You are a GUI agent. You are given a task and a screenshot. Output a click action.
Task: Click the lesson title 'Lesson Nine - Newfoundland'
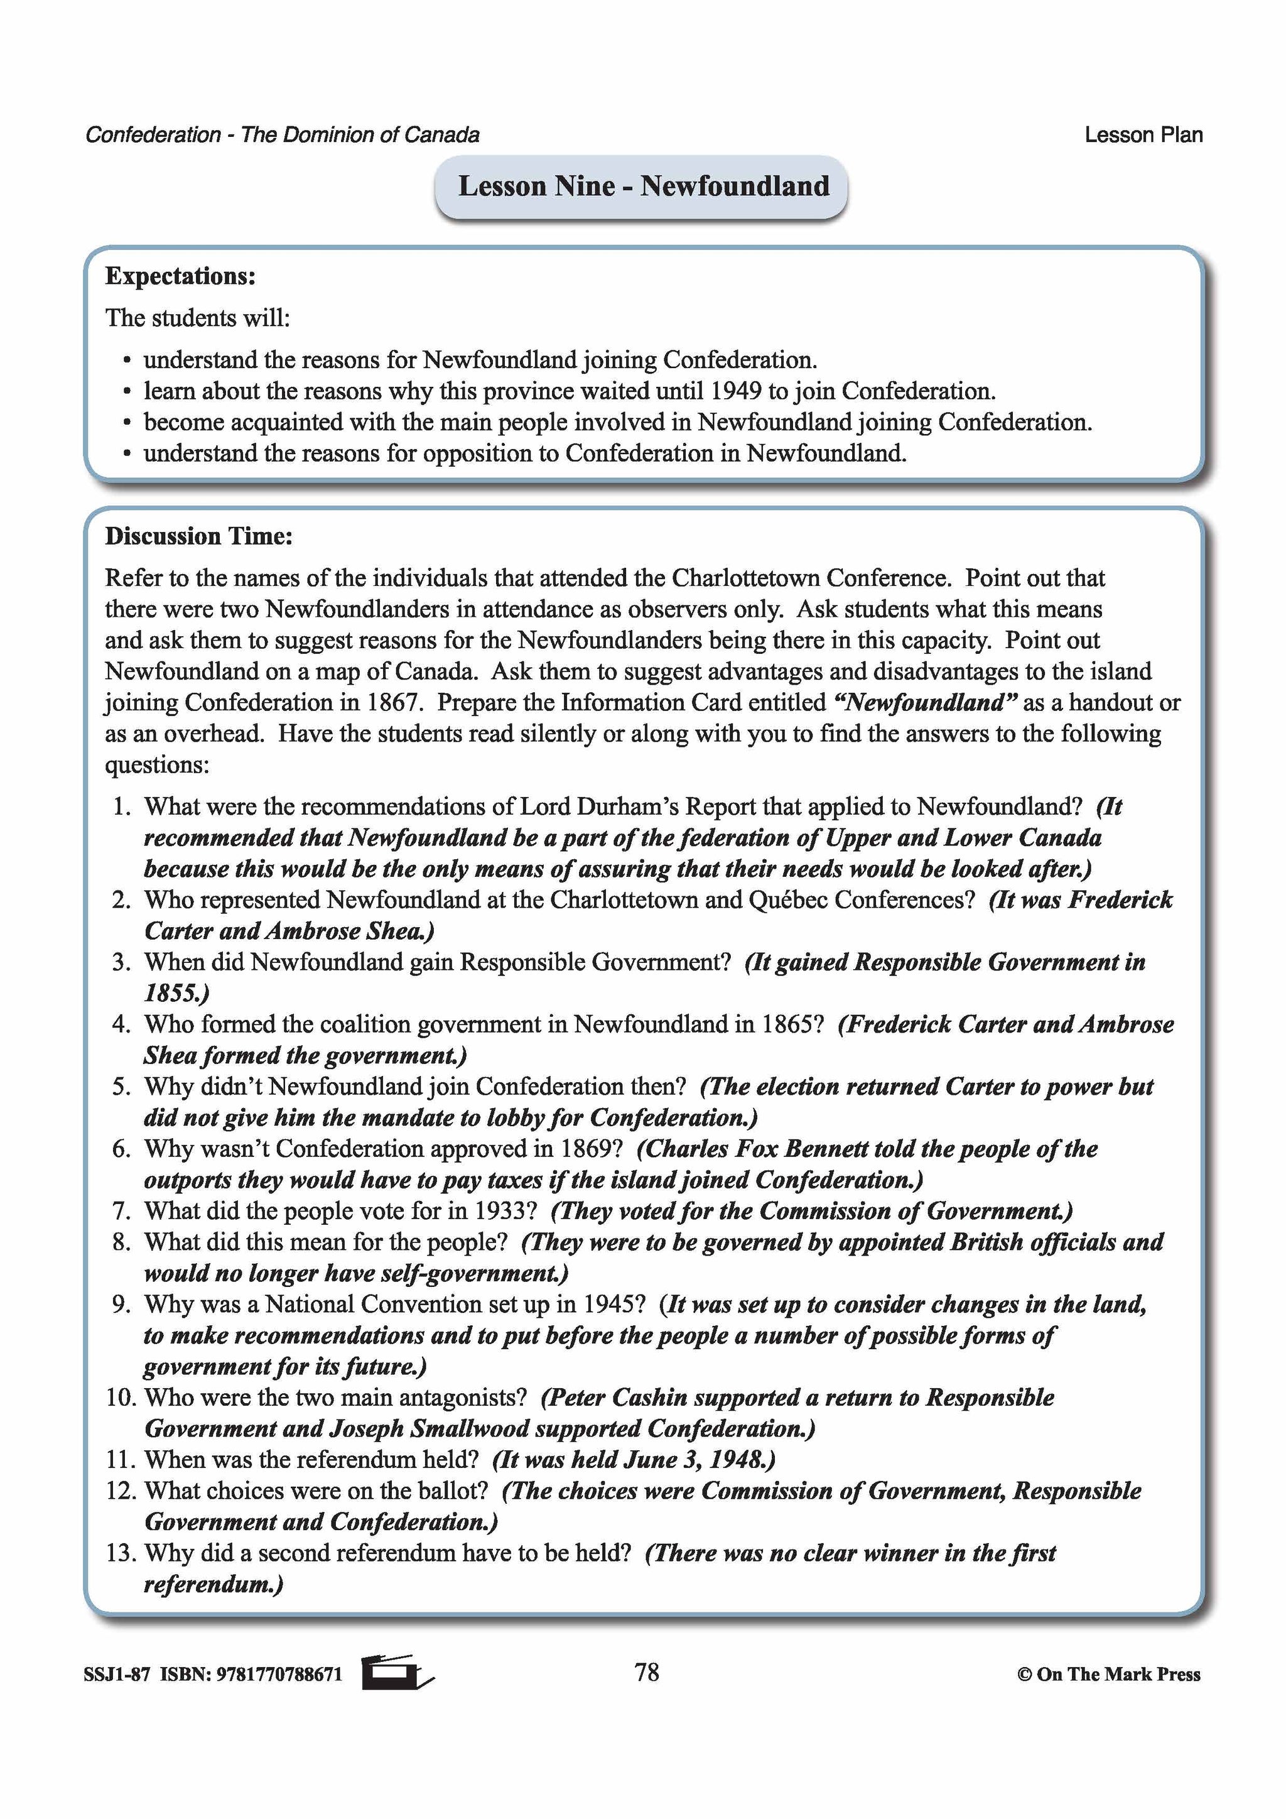click(x=643, y=186)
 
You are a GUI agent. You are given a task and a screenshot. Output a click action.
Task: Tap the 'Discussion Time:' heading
click(x=199, y=536)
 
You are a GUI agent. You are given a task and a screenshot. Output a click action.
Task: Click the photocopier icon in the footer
click(x=396, y=1673)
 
